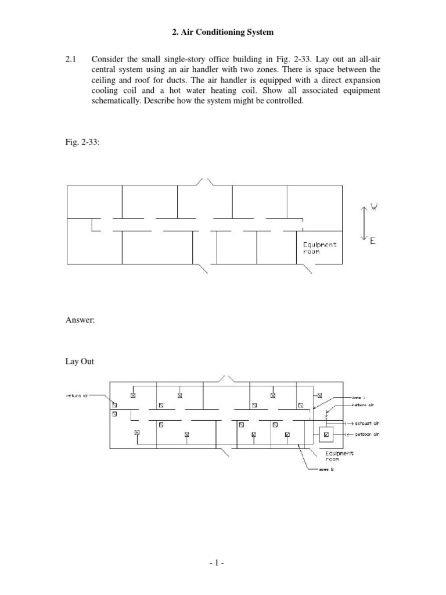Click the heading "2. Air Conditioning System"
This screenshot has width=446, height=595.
[x=223, y=32]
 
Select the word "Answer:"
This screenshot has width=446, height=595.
[x=81, y=320]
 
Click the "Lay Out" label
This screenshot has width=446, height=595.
[x=80, y=361]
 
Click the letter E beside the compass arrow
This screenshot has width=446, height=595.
[x=373, y=239]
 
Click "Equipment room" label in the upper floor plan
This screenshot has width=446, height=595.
[x=319, y=248]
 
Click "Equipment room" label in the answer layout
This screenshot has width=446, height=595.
[x=339, y=456]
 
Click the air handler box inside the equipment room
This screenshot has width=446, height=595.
[x=326, y=434]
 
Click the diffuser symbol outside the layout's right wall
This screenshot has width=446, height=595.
[x=319, y=395]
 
